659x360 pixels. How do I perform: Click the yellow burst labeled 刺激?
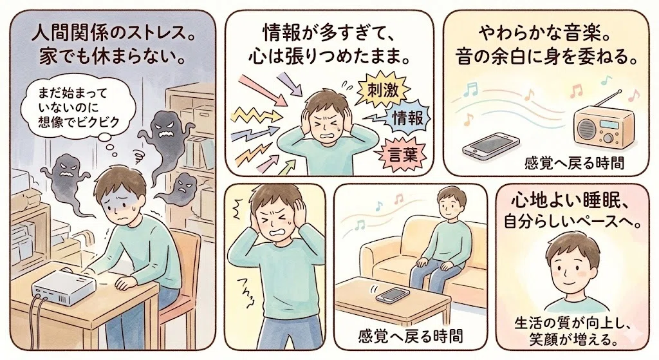(382, 90)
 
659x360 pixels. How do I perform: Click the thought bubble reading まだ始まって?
(79, 108)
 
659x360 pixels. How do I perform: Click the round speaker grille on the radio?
(587, 128)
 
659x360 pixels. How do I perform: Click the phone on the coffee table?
(393, 294)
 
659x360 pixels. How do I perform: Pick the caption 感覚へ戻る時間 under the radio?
(574, 163)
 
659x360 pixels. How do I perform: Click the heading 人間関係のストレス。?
(113, 33)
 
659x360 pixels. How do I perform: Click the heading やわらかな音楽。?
(544, 34)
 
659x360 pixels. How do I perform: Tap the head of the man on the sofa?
(451, 202)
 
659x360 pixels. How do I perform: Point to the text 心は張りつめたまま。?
(329, 57)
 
